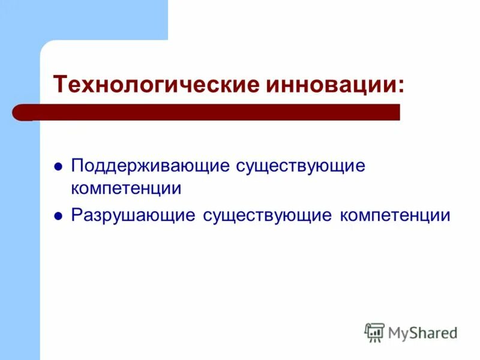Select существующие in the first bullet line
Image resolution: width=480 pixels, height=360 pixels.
[x=301, y=166]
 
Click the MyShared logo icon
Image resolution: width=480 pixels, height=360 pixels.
[x=374, y=332]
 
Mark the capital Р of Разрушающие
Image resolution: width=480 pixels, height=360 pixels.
[x=76, y=215]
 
